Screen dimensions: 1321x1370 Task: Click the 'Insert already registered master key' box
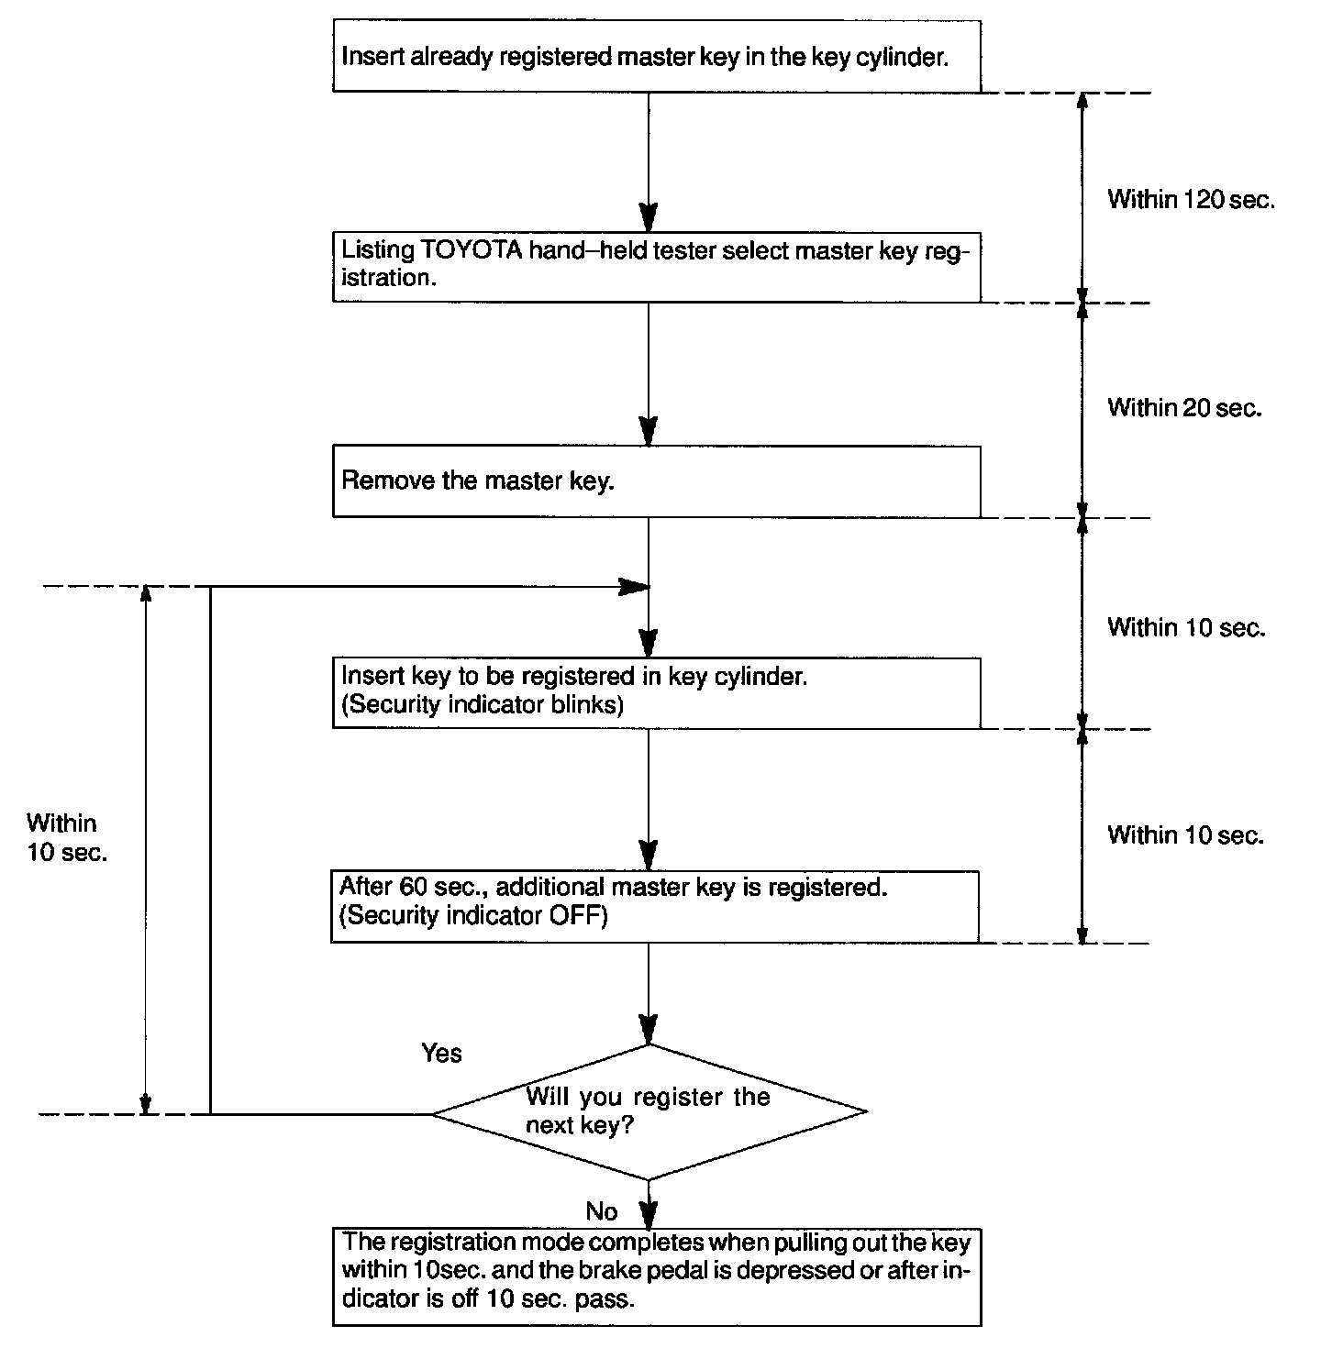[x=657, y=56]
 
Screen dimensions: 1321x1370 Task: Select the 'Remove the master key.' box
[x=657, y=481]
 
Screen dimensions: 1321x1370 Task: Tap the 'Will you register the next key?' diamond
[x=649, y=1112]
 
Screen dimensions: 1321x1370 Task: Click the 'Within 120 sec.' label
[x=1191, y=199]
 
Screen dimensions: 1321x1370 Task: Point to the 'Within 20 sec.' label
[x=1184, y=407]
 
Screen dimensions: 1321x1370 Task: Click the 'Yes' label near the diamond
[x=441, y=1053]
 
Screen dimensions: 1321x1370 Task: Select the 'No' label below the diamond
[x=602, y=1211]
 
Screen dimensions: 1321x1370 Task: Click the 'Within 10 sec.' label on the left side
[x=67, y=837]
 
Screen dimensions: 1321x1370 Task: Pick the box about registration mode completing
[x=657, y=1277]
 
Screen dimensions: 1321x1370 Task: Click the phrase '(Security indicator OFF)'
[x=473, y=916]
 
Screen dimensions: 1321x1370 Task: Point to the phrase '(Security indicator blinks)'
[x=483, y=704]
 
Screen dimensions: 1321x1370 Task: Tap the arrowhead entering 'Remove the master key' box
[x=649, y=431]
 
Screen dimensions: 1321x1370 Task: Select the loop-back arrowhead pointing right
[x=634, y=587]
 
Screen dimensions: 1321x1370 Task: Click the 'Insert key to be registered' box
[x=657, y=693]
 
